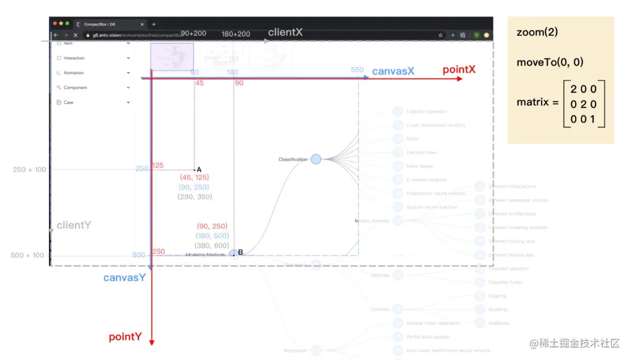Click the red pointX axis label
point(459,70)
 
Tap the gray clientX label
point(285,32)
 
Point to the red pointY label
point(125,337)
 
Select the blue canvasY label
point(124,277)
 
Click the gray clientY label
point(73,225)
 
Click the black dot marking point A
point(194,170)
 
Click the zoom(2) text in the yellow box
point(537,32)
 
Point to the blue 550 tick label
point(357,70)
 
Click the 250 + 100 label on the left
point(29,170)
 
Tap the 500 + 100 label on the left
point(27,255)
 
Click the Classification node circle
point(316,159)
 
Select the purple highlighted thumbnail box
point(172,56)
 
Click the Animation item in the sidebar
point(73,73)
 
